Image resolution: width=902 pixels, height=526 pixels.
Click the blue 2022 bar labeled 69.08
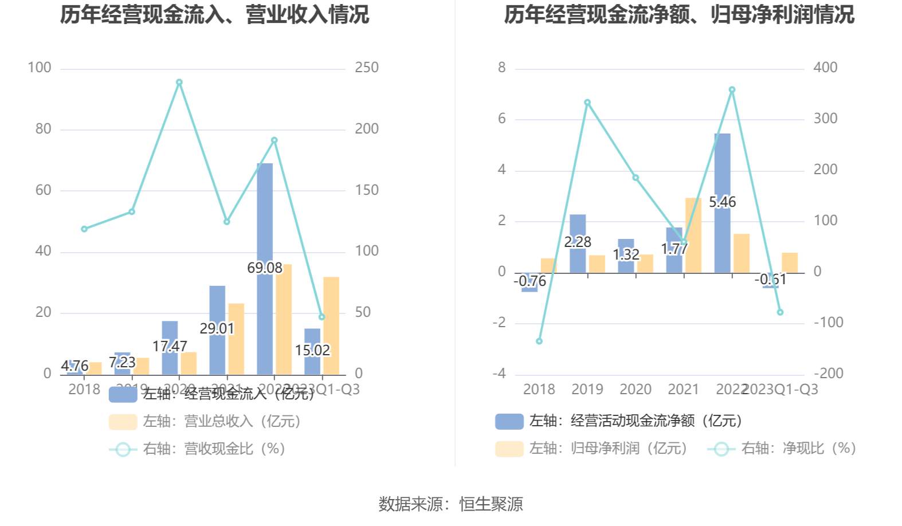pyautogui.click(x=265, y=218)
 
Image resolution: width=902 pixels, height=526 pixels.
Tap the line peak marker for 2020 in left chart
pyautogui.click(x=179, y=83)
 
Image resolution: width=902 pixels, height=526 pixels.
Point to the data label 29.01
pyautogui.click(x=217, y=329)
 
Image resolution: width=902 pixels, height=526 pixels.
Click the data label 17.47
pyautogui.click(x=170, y=347)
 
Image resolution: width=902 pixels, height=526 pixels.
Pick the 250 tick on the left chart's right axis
pyautogui.click(x=367, y=68)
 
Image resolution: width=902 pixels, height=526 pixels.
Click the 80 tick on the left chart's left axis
pyautogui.click(x=43, y=129)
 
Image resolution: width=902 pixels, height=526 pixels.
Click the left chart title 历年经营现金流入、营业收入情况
pyautogui.click(x=215, y=15)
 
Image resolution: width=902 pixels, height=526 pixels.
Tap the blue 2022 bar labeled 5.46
pyautogui.click(x=723, y=172)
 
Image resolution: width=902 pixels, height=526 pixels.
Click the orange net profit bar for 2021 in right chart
pyautogui.click(x=693, y=235)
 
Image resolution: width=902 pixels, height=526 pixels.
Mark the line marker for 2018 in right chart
pyautogui.click(x=539, y=341)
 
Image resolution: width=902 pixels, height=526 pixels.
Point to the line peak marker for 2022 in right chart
pyautogui.click(x=732, y=90)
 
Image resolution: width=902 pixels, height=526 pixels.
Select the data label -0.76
pyautogui.click(x=530, y=281)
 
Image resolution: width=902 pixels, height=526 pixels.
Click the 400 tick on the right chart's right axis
pyautogui.click(x=825, y=68)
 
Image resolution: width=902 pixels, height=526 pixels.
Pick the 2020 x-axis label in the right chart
pyautogui.click(x=636, y=390)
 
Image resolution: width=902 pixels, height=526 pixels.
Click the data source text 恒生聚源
pyautogui.click(x=491, y=504)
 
